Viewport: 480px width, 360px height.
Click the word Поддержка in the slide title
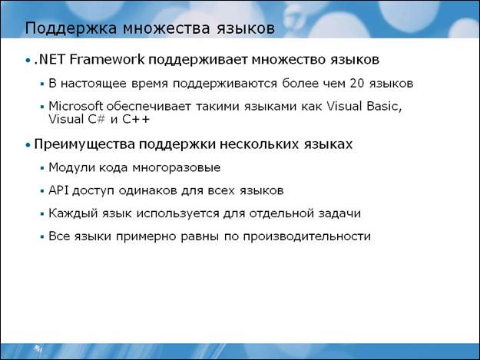tap(71, 28)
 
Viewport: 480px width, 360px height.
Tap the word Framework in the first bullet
tap(107, 59)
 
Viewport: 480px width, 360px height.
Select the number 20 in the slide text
tap(356, 83)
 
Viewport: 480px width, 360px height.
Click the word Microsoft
tap(75, 106)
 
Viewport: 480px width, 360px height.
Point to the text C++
tap(136, 119)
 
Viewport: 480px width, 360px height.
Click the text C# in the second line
tap(97, 119)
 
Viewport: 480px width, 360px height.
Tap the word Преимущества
tap(84, 144)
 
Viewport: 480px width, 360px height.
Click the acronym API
tap(58, 190)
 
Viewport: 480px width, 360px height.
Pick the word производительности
tap(307, 236)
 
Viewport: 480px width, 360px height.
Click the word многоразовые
tap(177, 168)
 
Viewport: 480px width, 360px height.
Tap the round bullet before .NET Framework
tap(28, 61)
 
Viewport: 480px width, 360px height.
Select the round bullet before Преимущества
tap(28, 145)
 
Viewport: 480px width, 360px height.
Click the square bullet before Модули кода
tap(42, 168)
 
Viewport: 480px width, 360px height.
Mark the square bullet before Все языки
tap(42, 236)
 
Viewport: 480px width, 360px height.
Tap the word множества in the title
tap(166, 28)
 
